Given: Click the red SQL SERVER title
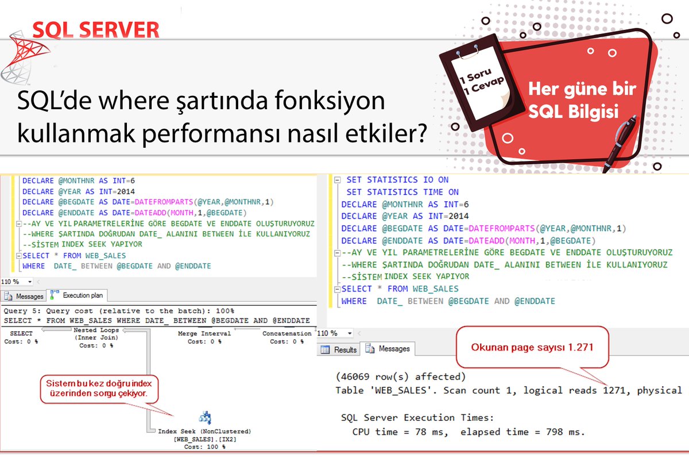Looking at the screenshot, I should click(96, 29).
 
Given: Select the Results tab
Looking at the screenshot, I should click(339, 349).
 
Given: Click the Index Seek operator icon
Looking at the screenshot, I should click(205, 418).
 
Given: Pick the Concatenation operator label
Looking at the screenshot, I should click(287, 333).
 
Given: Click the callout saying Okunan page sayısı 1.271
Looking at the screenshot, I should click(532, 348).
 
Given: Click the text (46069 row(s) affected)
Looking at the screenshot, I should click(400, 377).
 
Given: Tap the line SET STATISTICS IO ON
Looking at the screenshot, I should click(397, 180).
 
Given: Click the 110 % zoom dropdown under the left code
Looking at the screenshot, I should click(17, 282).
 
